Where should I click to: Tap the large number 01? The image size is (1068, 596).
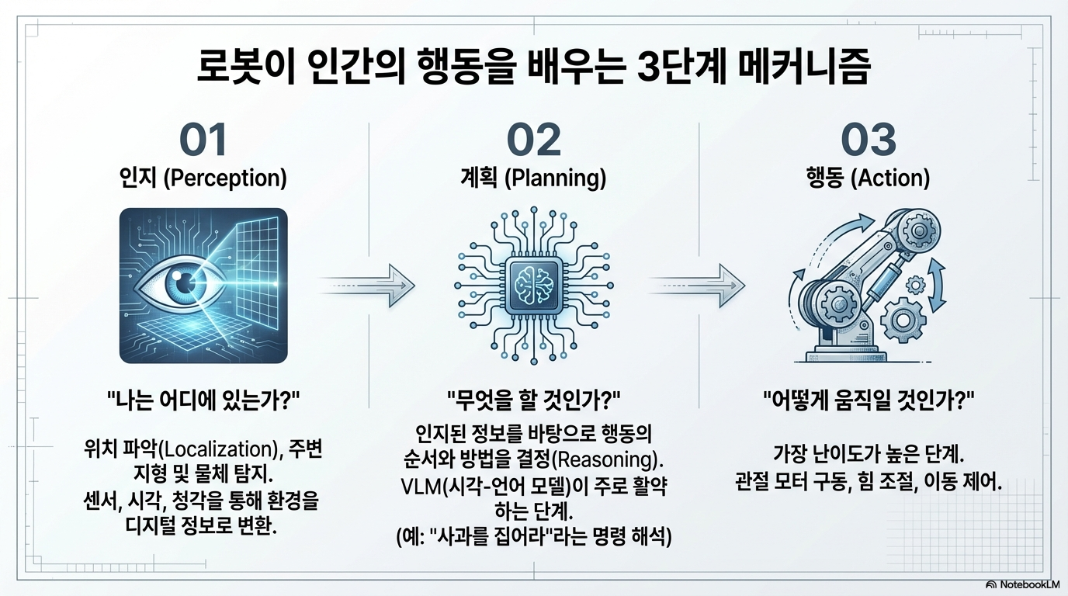(x=203, y=140)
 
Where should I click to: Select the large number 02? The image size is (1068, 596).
(x=533, y=140)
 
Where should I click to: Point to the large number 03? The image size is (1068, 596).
(x=869, y=140)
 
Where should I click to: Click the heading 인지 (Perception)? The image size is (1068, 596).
(x=203, y=178)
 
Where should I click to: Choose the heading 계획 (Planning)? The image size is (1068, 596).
(x=533, y=178)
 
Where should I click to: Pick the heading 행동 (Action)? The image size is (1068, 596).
(x=868, y=178)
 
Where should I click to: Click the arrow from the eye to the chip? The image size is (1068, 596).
(x=369, y=284)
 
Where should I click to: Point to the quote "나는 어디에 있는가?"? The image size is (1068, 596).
(x=203, y=401)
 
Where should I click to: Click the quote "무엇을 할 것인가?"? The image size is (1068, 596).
(x=533, y=401)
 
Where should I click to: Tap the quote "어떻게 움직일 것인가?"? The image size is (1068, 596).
(x=868, y=401)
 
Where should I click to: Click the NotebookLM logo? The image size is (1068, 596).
(x=1022, y=584)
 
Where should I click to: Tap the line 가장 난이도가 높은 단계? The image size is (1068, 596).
(x=868, y=452)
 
